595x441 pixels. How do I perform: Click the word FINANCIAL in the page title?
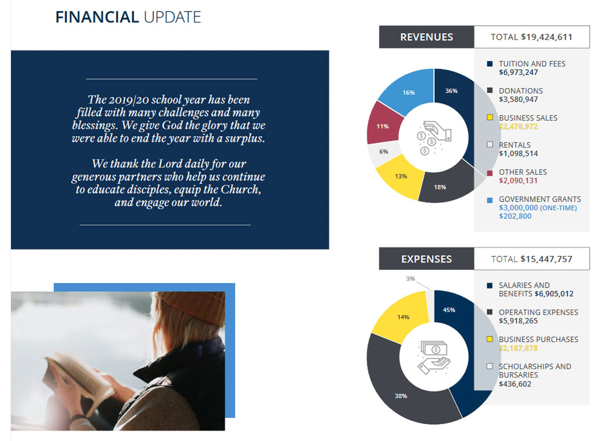coord(97,17)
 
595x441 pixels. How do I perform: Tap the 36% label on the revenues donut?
coord(451,91)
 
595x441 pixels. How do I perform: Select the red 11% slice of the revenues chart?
coord(384,123)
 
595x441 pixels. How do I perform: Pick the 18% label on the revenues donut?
coord(440,187)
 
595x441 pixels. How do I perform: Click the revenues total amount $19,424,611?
coord(547,37)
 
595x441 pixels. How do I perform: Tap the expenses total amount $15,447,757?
coord(546,259)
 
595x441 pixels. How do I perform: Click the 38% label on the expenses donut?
coord(401,396)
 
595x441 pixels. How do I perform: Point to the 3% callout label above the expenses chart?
coord(410,278)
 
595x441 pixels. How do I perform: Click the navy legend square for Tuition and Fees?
coord(490,64)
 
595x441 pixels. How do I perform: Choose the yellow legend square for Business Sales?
coord(490,118)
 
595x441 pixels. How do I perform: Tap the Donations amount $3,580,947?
coord(518,100)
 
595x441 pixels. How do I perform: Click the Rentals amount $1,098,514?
coord(518,154)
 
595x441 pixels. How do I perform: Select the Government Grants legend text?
coord(540,199)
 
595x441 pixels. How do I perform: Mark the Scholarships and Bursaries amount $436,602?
coord(515,384)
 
